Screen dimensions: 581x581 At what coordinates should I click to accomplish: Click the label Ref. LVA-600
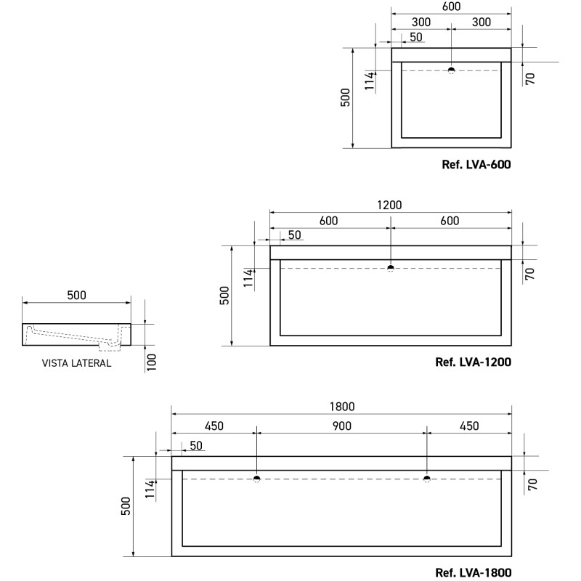point(476,164)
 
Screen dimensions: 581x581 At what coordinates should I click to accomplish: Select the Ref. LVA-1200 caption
point(474,362)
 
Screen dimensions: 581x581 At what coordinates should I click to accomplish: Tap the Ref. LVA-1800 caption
point(474,572)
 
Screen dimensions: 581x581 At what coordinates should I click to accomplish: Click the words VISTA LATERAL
point(76,363)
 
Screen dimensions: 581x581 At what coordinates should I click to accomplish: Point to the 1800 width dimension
point(342,407)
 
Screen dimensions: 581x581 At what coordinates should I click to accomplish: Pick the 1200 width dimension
point(389,205)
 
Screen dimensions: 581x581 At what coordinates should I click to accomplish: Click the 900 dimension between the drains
point(341,426)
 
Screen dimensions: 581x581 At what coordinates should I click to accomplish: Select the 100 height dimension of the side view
point(152,362)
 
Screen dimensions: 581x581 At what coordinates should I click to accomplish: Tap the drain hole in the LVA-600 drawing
point(451,70)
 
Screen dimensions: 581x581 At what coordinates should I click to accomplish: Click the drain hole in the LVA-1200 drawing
point(391,268)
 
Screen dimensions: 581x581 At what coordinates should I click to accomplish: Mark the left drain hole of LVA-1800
point(257,479)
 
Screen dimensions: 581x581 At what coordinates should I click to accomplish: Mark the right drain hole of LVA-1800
point(427,479)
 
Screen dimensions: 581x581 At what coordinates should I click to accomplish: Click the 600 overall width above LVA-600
point(451,7)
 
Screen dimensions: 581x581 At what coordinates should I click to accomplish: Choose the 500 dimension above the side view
point(76,295)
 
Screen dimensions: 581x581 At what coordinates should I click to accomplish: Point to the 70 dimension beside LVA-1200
point(530,274)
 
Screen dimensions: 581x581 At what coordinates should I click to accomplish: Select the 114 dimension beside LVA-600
point(370,81)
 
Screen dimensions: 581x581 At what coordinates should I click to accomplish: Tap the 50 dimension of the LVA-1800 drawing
point(196,445)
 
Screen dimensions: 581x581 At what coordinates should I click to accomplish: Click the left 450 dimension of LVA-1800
point(214,426)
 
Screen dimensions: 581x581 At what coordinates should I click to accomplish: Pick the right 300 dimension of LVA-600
point(482,22)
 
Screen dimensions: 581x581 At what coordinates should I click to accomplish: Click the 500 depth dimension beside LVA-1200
point(224,296)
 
